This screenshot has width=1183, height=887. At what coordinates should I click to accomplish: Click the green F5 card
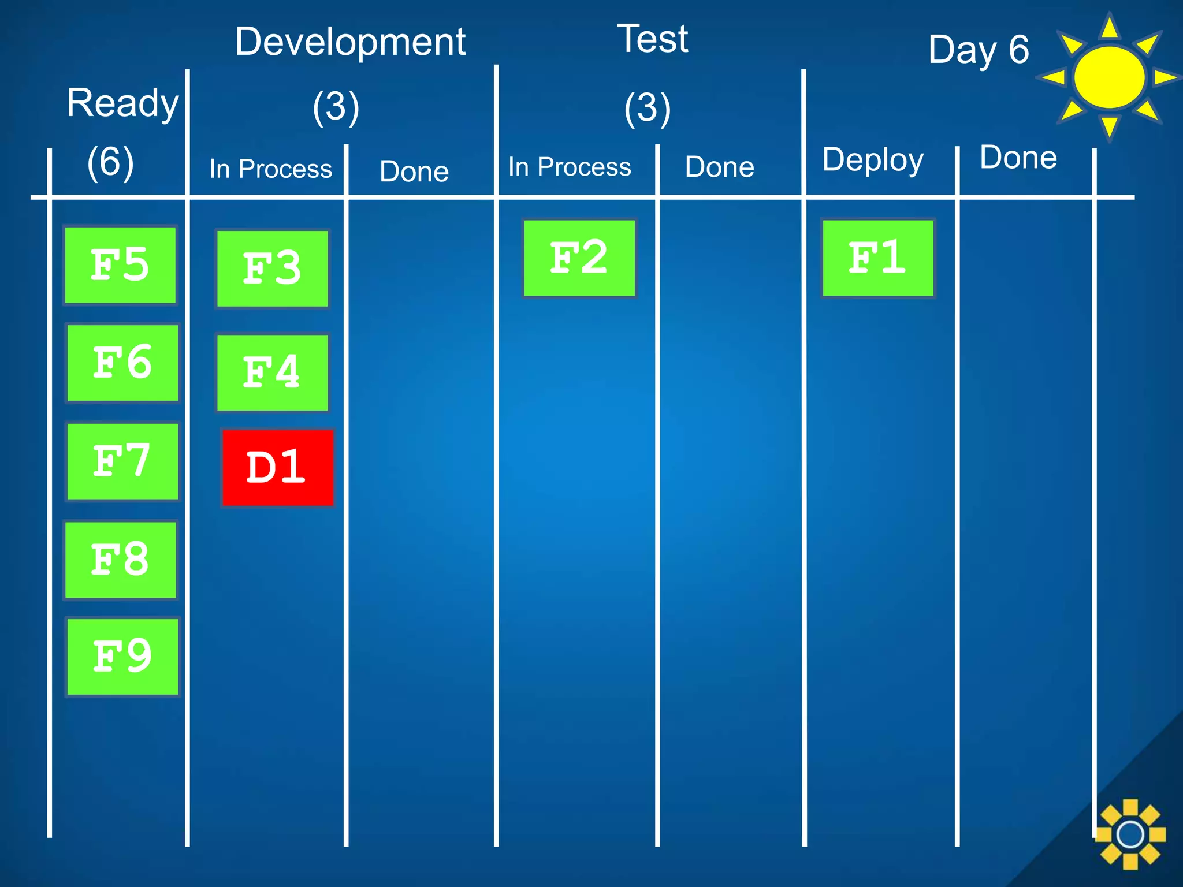(120, 265)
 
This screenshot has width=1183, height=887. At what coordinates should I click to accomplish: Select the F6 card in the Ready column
(122, 363)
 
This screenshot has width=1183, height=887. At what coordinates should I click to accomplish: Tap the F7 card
(122, 461)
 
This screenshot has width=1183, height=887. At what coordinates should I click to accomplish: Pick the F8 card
(120, 560)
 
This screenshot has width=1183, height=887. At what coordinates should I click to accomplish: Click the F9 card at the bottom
(122, 657)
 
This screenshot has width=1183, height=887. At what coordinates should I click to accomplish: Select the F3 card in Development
(272, 269)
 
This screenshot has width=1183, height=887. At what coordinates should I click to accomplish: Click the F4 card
(272, 372)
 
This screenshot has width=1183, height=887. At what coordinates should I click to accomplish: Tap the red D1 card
(277, 467)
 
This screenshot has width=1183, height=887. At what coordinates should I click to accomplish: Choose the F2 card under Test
(579, 258)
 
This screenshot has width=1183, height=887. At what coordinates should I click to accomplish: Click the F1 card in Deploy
(877, 258)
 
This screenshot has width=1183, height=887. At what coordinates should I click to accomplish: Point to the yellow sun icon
(1108, 77)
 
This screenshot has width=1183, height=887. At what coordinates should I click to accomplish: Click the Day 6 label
(979, 50)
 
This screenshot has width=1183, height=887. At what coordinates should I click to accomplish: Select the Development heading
(350, 43)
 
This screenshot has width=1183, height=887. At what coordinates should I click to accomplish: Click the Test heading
(653, 39)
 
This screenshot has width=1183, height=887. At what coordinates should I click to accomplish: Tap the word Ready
(122, 104)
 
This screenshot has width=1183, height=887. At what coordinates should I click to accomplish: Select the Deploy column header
(872, 160)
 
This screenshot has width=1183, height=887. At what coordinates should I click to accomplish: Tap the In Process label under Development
(270, 169)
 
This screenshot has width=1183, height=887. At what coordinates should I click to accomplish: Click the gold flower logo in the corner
(1130, 834)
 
